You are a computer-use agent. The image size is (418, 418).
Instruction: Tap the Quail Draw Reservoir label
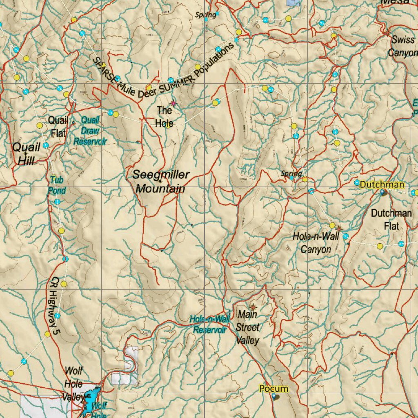point(90,131)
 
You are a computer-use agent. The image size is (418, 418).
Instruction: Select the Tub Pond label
point(57,185)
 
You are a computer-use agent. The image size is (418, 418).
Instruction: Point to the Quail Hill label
point(26,153)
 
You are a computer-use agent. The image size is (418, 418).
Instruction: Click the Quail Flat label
point(58,126)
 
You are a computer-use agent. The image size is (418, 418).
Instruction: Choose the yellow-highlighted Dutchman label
point(382,185)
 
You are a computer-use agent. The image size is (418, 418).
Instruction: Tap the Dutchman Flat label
point(391,219)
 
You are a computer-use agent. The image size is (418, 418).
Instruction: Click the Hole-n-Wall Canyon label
point(316,242)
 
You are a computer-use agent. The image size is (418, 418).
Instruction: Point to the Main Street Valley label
point(247,327)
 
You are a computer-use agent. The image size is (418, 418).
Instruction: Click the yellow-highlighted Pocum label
point(273,389)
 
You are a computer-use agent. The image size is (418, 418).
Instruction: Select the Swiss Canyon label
point(402,46)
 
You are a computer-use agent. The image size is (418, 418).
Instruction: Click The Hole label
point(164,116)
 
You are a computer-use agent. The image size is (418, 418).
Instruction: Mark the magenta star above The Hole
point(173,103)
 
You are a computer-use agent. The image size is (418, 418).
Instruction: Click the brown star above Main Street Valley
point(253,306)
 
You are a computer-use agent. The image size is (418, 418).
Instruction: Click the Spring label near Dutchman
point(291,173)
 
